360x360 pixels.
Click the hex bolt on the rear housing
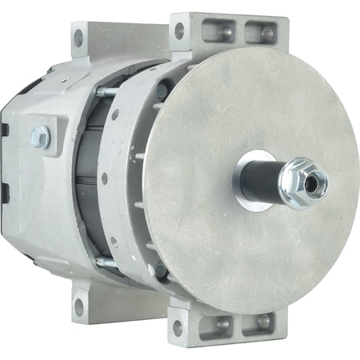[x=40, y=137]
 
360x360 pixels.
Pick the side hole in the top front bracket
[x=178, y=31]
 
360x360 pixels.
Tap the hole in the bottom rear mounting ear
[x=78, y=306]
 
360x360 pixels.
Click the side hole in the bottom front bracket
[x=178, y=326]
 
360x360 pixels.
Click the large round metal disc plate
[x=240, y=240]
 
